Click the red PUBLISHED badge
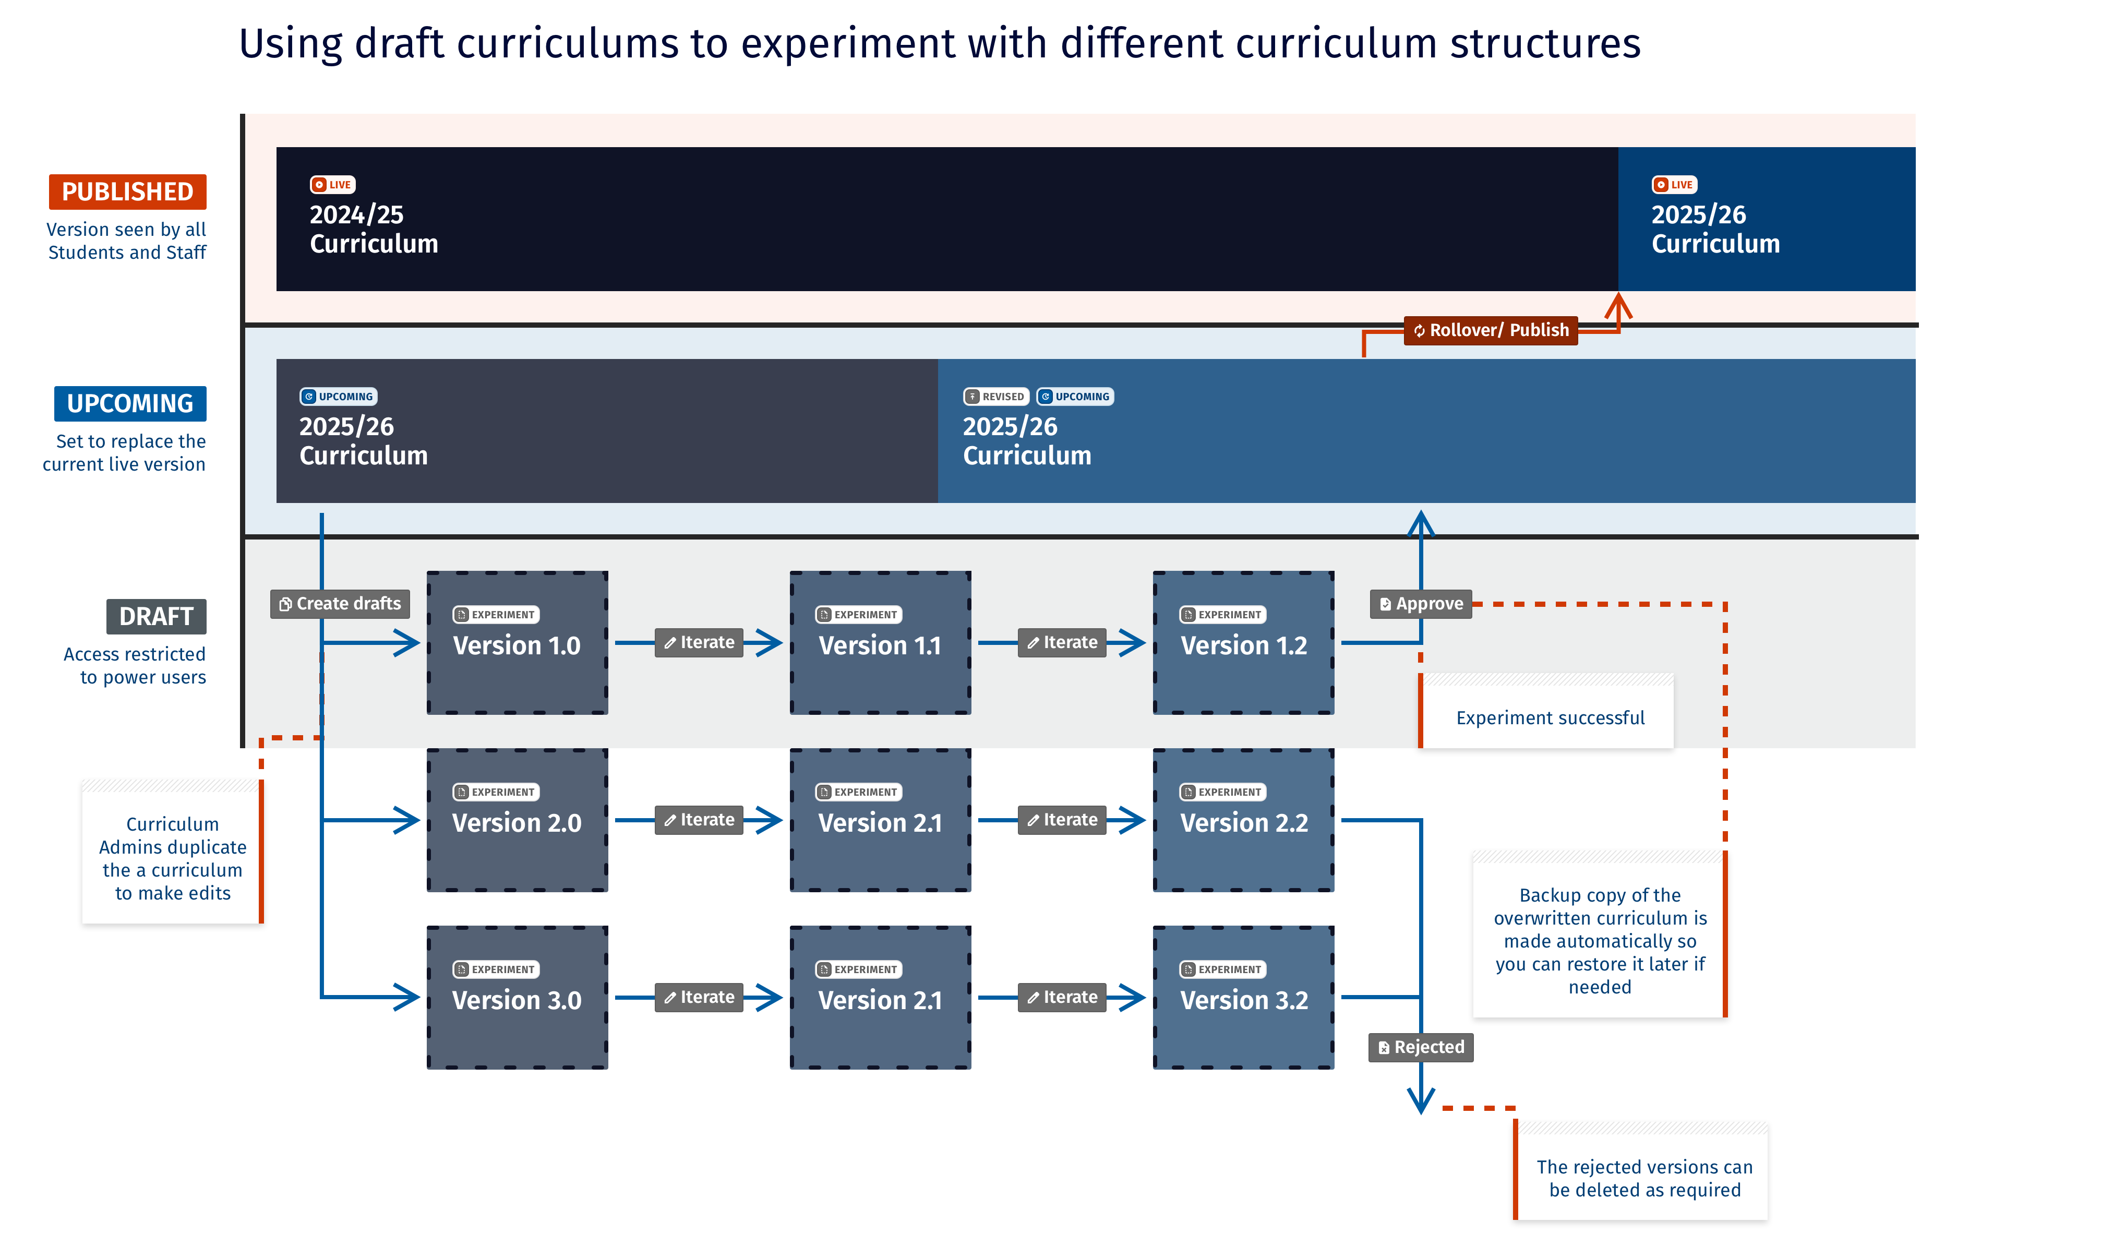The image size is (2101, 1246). coord(128,191)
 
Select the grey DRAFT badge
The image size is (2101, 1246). coord(156,616)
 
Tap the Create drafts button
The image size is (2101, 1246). coord(340,604)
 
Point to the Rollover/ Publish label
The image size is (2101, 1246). coord(1491,330)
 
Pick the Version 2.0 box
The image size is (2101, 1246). coord(517,820)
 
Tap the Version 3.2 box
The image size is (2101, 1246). coord(1243,998)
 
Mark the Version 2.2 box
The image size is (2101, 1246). coord(1243,820)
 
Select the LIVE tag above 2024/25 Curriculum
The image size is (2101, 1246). coord(332,185)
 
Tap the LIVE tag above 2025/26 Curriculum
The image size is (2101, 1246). coord(1675,185)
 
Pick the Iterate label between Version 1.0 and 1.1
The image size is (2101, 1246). coord(699,642)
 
